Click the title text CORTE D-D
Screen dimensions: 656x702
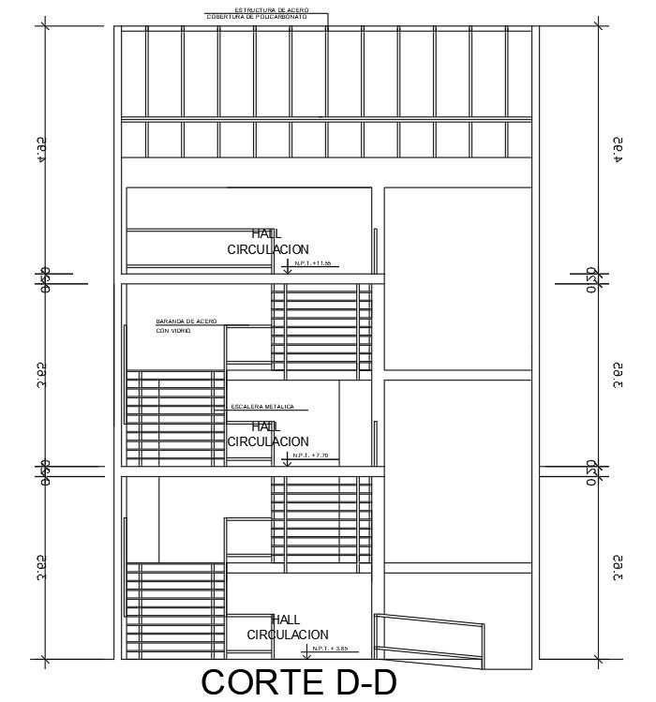click(x=299, y=682)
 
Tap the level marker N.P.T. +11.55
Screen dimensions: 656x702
click(x=313, y=263)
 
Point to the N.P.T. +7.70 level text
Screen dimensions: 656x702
click(x=311, y=456)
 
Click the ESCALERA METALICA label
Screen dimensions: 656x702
click(x=262, y=407)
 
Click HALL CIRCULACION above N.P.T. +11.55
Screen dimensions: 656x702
click(x=267, y=242)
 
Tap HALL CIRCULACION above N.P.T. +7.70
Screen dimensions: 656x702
click(x=267, y=434)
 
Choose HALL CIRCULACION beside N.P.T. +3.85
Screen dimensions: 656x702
click(x=287, y=627)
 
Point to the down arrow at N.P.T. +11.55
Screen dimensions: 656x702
click(x=286, y=268)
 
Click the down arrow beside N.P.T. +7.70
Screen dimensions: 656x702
click(x=286, y=459)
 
